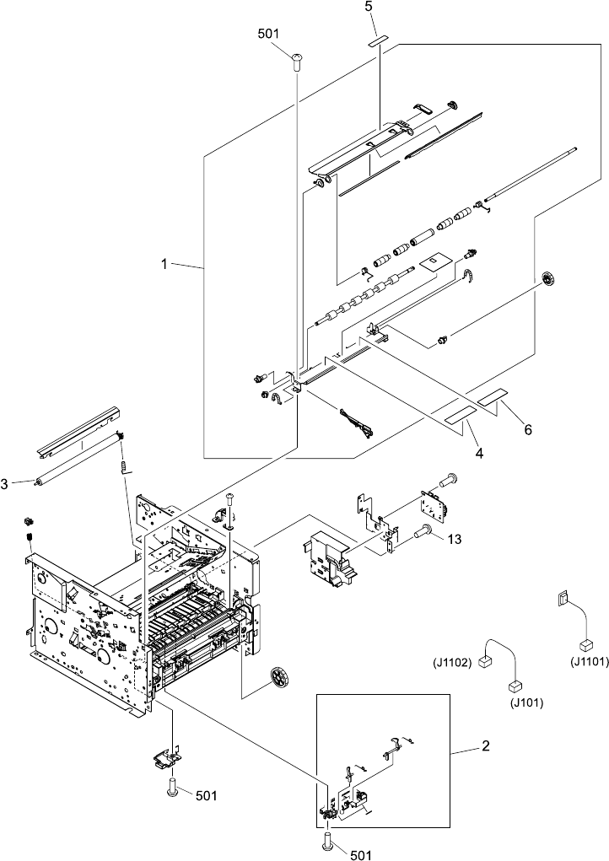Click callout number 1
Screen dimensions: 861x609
165,264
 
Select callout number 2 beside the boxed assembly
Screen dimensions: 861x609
486,745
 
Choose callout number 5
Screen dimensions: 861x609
369,6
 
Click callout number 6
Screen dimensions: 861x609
528,429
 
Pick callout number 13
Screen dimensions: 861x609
454,539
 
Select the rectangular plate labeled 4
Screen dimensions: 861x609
460,413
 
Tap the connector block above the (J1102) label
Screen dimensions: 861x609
485,663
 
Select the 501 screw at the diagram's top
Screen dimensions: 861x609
296,57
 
